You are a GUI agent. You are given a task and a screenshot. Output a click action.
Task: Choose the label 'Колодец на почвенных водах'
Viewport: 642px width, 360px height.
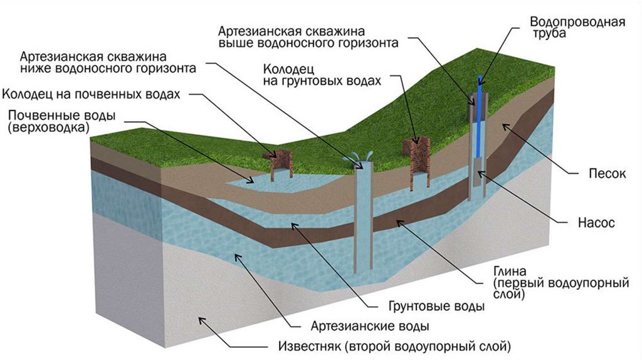tap(92, 95)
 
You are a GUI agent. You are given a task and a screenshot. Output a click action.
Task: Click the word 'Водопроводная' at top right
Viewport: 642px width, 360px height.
tap(577, 23)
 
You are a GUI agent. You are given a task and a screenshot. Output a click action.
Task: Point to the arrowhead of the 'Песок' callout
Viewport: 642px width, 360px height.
tap(503, 125)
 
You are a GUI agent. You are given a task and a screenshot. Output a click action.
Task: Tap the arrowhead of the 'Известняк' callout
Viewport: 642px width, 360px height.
tap(201, 320)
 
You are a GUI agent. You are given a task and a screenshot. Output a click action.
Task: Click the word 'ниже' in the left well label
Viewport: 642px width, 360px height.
tap(34, 66)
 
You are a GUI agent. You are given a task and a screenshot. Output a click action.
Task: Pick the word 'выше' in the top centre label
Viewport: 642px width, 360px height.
tap(233, 44)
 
